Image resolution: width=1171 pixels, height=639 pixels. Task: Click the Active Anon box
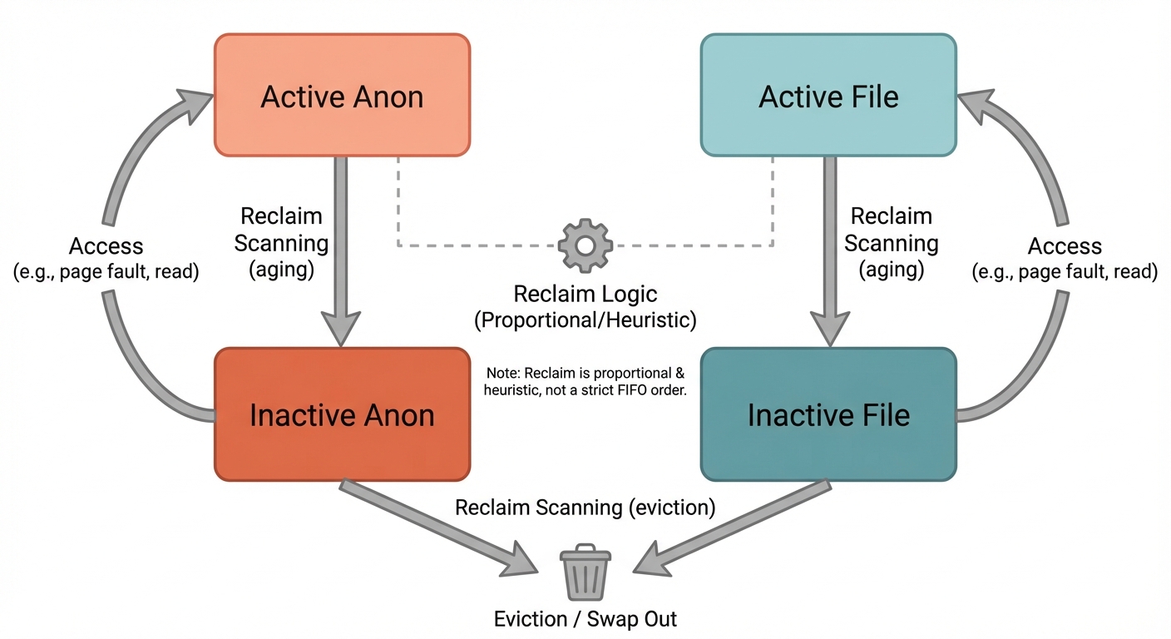pos(342,95)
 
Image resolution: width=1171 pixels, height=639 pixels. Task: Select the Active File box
pos(828,95)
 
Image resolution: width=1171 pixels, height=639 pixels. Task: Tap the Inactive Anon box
pos(342,414)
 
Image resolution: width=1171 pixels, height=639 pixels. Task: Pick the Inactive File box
pos(828,414)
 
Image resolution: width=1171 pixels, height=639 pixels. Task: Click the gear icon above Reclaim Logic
pos(585,245)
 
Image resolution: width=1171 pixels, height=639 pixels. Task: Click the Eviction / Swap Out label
pos(585,619)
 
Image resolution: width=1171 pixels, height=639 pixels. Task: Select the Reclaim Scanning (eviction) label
pos(585,508)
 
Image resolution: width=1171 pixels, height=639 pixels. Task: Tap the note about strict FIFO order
pos(585,382)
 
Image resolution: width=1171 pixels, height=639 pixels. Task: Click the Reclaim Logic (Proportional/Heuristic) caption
pos(585,307)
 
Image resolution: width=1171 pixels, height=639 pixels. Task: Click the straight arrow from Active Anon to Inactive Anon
pos(341,250)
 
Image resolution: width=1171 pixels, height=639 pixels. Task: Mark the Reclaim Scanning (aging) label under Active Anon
pos(281,243)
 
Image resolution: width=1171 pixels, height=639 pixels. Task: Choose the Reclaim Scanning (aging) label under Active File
pos(892,243)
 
